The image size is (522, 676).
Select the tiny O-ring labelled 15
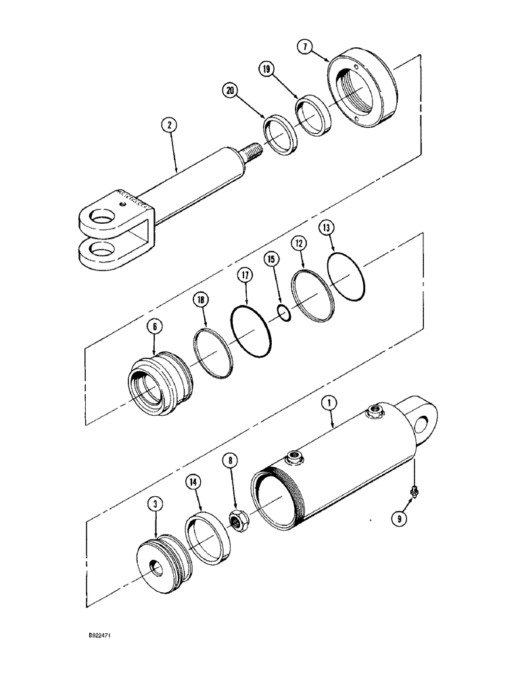coord(284,312)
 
